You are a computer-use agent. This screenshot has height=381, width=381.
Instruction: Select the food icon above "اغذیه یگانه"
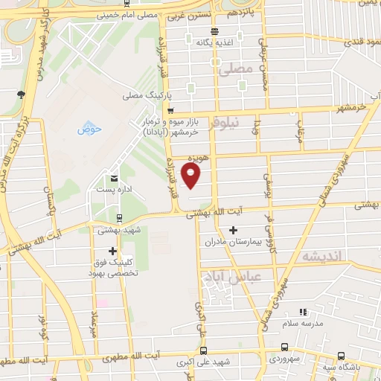click(214, 32)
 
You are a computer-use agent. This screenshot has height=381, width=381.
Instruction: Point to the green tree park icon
click(22, 94)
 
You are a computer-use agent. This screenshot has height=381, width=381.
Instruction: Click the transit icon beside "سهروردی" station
click(286, 347)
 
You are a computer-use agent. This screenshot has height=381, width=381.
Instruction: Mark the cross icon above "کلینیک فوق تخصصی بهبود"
click(112, 251)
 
